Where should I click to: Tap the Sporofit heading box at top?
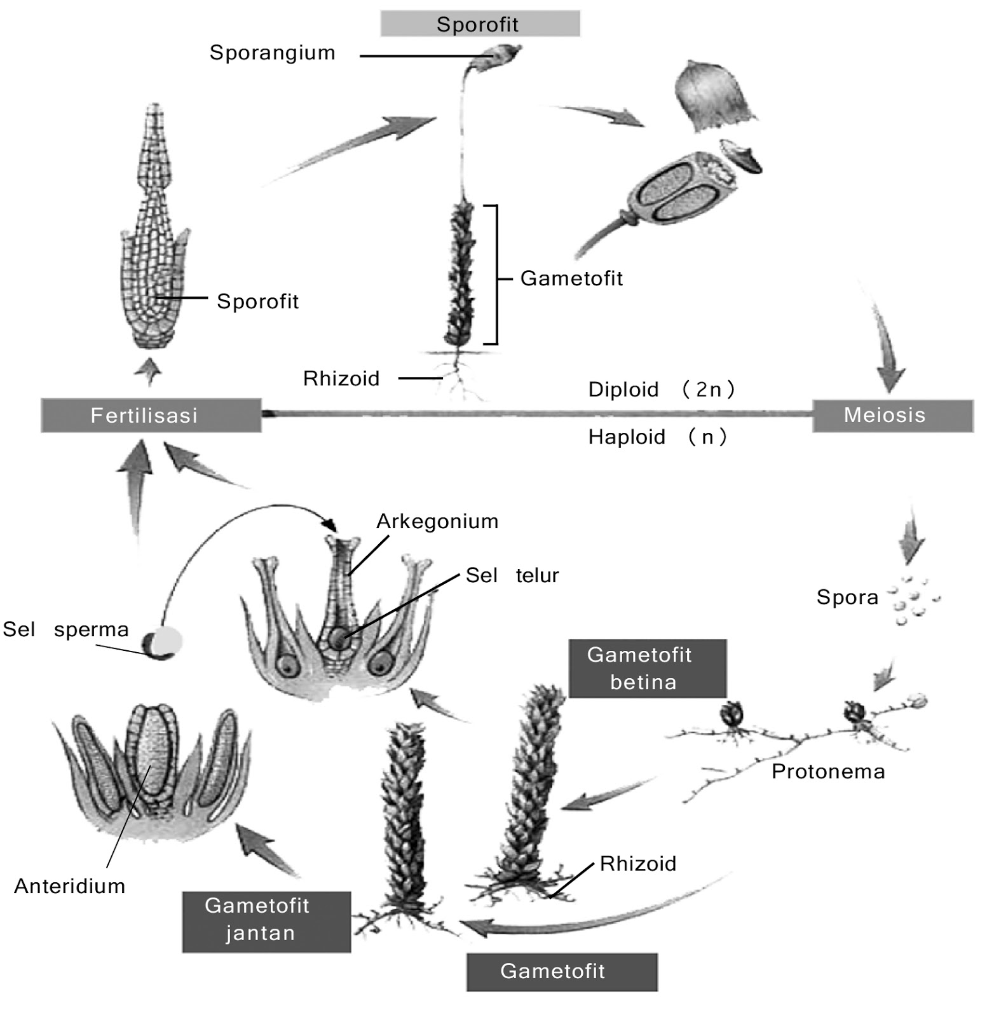(479, 24)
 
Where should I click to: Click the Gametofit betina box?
(646, 668)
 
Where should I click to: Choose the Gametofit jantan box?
(266, 920)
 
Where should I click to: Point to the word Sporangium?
(272, 52)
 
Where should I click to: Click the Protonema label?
(827, 771)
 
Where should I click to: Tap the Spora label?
(847, 597)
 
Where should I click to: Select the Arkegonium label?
(437, 521)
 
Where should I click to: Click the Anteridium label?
(69, 885)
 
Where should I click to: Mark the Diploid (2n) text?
(661, 388)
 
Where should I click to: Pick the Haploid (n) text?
(657, 437)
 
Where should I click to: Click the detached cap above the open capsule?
(713, 97)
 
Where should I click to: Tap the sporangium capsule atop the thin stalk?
(502, 55)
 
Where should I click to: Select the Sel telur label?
(512, 575)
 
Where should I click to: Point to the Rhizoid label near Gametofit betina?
(637, 863)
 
